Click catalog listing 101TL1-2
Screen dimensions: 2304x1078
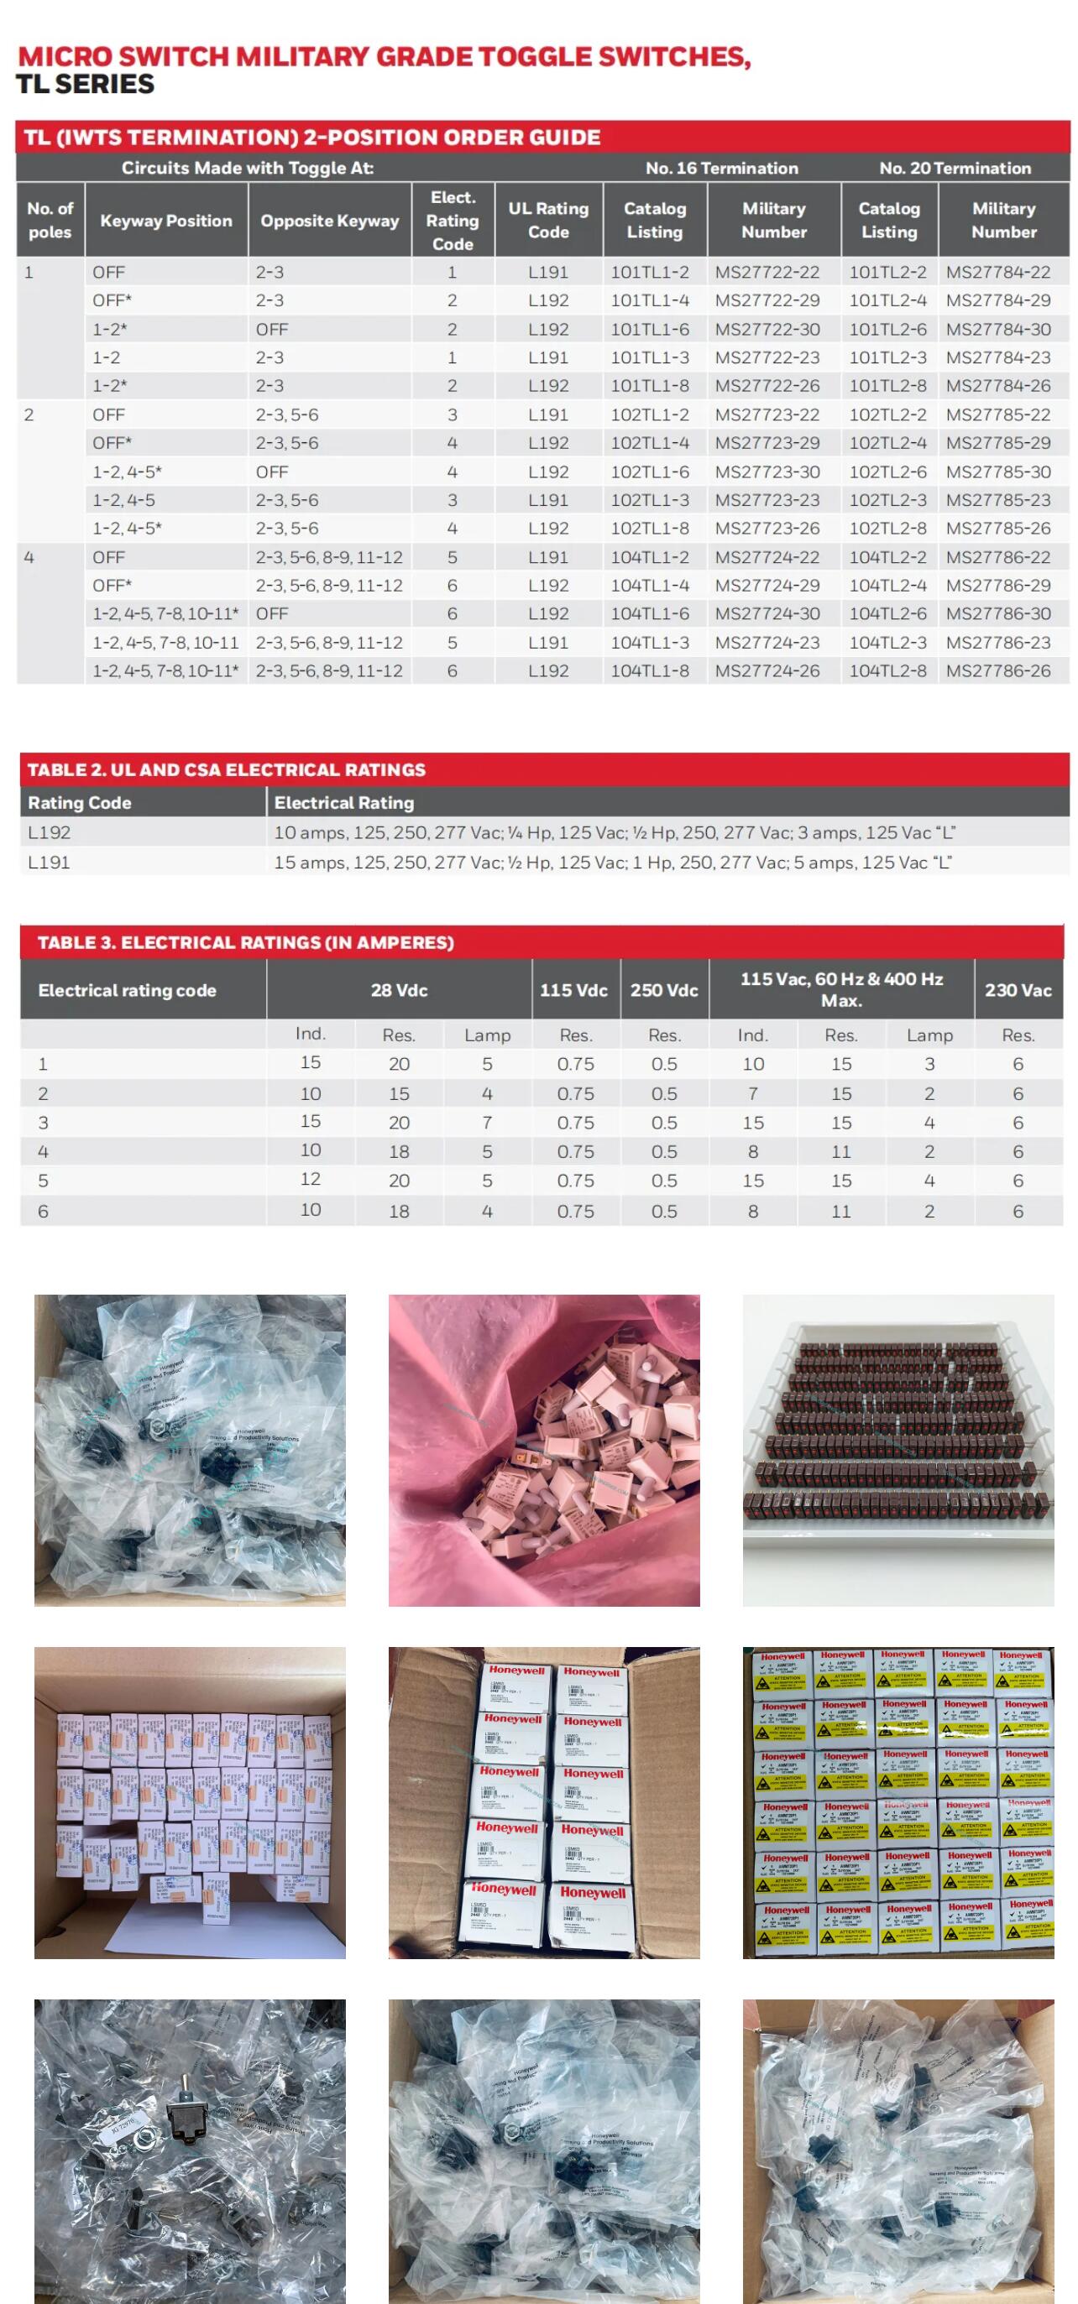[x=650, y=272]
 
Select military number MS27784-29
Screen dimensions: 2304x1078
[x=997, y=300]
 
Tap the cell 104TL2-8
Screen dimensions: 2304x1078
[x=887, y=670]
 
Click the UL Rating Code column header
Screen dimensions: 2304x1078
[x=548, y=220]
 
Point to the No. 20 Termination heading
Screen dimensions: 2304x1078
[x=955, y=168]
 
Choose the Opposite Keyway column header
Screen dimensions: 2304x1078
[x=329, y=220]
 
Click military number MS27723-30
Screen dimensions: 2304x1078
[x=767, y=472]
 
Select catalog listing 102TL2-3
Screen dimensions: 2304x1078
[x=887, y=500]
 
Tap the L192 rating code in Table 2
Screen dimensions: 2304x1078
[x=50, y=832]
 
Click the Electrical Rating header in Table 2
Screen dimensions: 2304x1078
[x=343, y=803]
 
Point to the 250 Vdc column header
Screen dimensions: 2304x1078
[x=664, y=990]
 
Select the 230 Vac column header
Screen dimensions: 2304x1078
[x=1018, y=990]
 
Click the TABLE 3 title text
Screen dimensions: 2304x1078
[x=245, y=943]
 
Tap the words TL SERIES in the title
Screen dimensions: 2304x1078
[x=85, y=85]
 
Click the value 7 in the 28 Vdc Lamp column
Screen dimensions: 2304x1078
[x=487, y=1122]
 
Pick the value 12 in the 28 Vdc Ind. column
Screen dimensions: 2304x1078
[x=311, y=1180]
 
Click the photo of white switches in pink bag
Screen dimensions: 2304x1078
[x=544, y=1450]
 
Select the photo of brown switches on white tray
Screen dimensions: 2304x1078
[x=898, y=1450]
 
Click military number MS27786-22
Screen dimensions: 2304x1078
[x=997, y=557]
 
